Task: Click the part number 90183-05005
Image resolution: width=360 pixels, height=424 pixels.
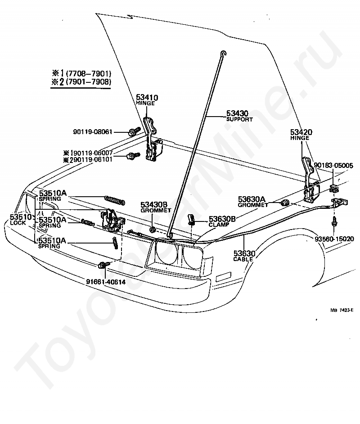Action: click(333, 166)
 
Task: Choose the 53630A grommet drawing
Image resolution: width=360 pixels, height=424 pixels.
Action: click(285, 203)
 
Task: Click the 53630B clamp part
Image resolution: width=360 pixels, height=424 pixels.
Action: click(191, 220)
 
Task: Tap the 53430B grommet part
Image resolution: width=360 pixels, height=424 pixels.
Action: click(153, 230)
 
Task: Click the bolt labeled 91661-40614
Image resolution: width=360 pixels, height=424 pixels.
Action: click(104, 266)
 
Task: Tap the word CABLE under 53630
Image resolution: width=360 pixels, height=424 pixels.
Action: click(243, 259)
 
